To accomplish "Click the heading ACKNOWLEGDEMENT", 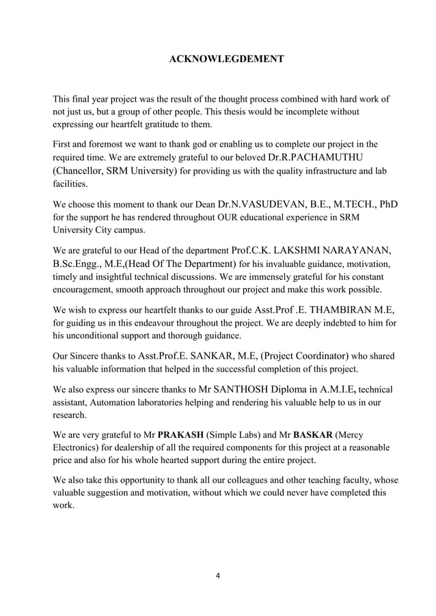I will (226, 60).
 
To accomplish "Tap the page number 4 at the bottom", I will (217, 574).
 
